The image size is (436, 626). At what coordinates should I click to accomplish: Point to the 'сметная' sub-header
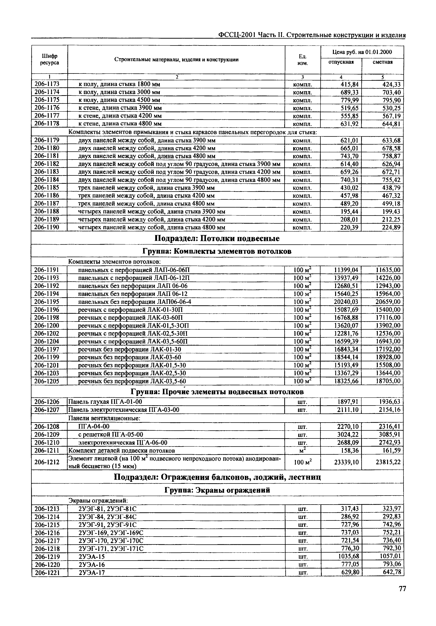[383, 62]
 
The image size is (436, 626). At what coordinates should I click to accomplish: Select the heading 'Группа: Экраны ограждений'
[217, 490]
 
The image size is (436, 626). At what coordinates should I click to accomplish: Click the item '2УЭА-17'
[92, 573]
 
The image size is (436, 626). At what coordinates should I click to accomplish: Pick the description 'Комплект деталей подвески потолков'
[121, 450]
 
